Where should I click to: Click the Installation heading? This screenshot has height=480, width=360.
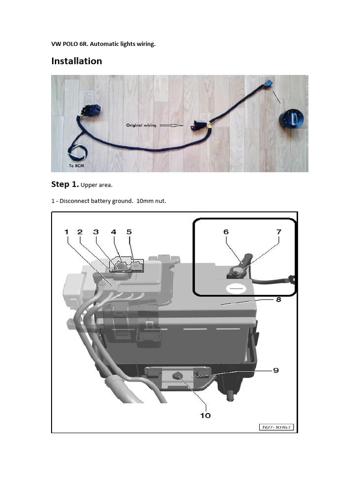point(76,61)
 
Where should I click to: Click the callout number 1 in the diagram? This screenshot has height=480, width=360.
point(67,232)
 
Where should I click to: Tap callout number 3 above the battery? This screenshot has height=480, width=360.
point(96,232)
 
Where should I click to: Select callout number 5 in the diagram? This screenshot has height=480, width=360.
point(129,232)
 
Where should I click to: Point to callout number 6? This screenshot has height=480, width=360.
point(226,232)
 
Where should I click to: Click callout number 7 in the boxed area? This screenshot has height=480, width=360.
point(278,232)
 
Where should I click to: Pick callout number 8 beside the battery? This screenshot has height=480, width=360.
point(278,300)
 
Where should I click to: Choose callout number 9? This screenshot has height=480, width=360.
point(276,370)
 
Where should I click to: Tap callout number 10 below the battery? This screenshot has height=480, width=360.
point(205,415)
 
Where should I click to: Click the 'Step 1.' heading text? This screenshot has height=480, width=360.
point(65,184)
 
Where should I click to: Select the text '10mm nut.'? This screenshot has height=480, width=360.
point(151,201)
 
